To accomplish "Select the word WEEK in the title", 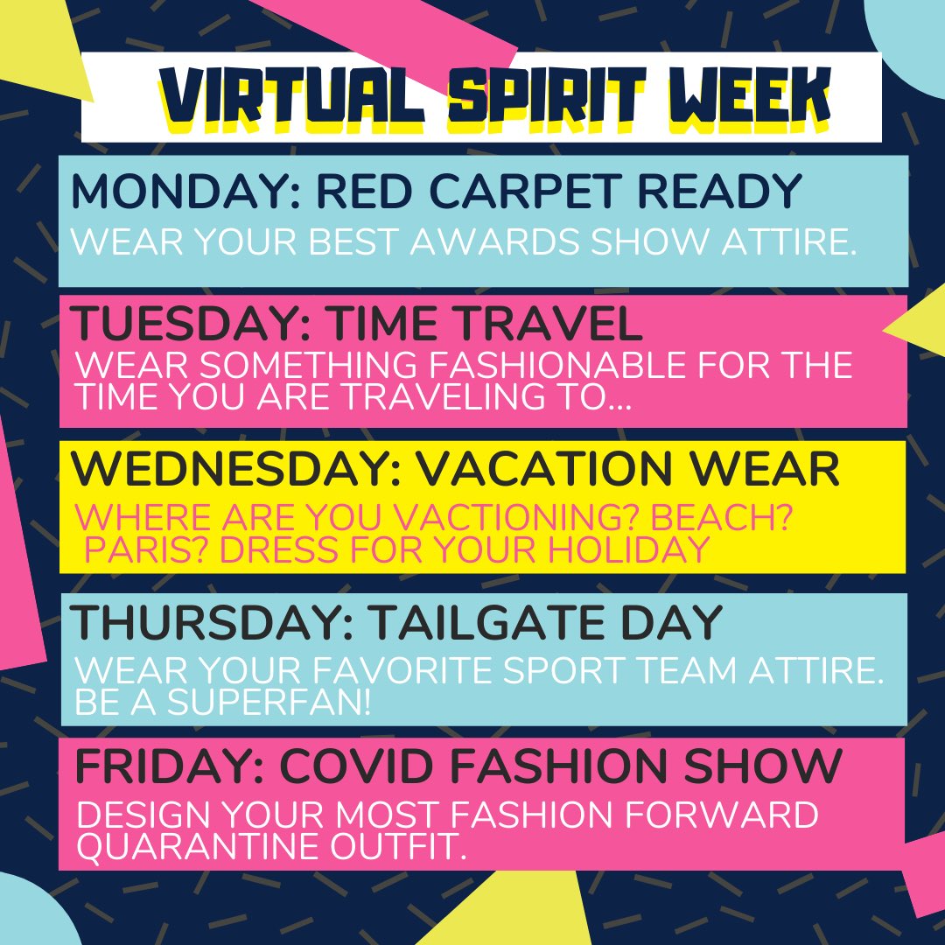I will click(744, 97).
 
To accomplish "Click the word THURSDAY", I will click(209, 622).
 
